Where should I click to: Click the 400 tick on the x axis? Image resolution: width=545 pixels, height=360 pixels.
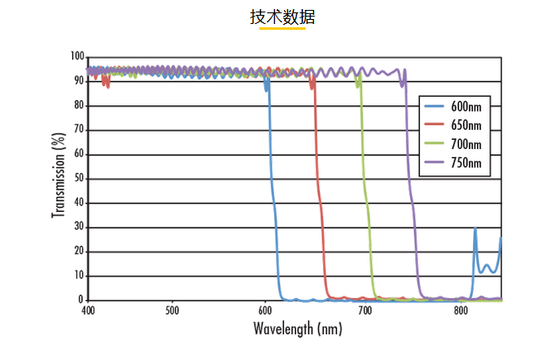point(89,311)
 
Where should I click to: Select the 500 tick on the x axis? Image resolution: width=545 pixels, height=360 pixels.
point(172,311)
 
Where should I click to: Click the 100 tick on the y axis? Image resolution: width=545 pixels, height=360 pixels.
point(77,56)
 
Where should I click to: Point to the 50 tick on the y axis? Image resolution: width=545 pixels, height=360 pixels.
point(80,178)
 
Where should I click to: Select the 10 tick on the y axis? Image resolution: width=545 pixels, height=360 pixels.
point(80,276)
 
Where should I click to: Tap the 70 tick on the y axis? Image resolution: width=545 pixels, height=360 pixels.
point(80,129)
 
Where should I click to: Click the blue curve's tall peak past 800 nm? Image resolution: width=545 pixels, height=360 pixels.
point(475,228)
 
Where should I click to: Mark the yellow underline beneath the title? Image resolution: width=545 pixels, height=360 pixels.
point(282,29)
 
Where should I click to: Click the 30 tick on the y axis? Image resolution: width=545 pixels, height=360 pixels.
point(80,227)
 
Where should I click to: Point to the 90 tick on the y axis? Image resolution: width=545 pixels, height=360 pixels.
point(80,81)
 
